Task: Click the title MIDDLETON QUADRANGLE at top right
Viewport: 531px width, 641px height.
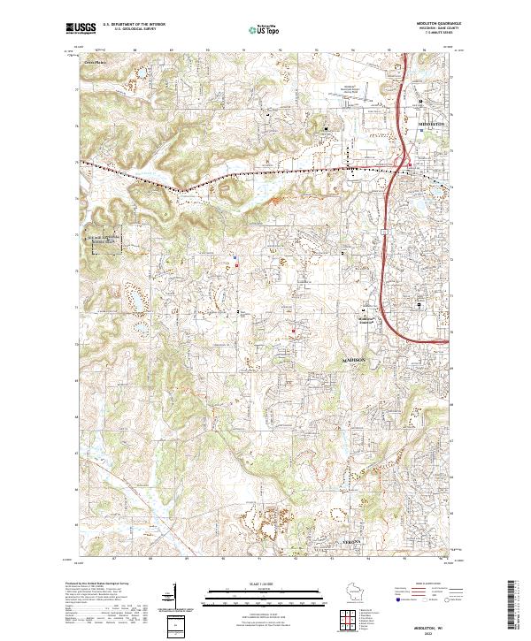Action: coord(440,24)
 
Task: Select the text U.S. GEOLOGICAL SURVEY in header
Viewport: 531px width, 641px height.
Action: coord(134,29)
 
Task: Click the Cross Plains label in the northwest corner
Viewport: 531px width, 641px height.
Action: coord(94,63)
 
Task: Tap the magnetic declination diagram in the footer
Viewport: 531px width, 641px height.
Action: coord(177,613)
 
